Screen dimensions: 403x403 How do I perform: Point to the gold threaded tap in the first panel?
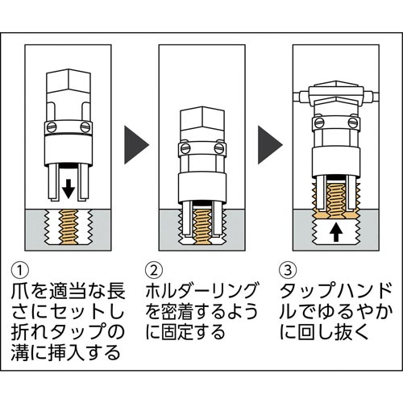click(x=69, y=228)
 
